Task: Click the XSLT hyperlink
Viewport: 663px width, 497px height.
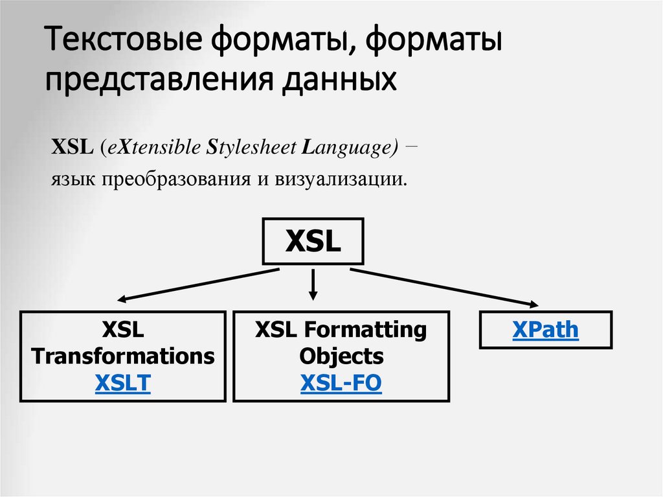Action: tap(123, 384)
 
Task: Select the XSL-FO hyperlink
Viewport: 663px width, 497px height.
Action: tap(341, 384)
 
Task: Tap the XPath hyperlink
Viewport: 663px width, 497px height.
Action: tap(545, 330)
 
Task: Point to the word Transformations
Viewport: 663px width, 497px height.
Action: tap(123, 356)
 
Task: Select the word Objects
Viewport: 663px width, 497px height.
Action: tap(341, 356)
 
